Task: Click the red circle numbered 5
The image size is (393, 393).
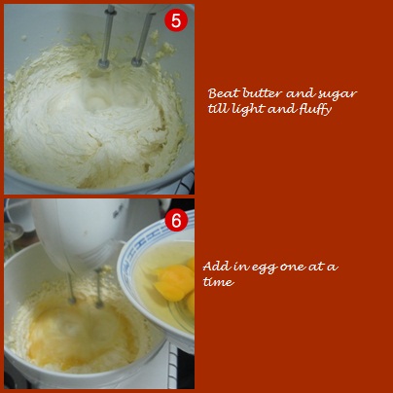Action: point(176,20)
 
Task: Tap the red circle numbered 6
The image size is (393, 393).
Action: point(176,221)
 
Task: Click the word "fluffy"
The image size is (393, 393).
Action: point(315,109)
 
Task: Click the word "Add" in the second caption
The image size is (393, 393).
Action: point(215,267)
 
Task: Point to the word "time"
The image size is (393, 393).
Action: point(218,282)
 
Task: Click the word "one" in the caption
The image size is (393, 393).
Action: point(292,268)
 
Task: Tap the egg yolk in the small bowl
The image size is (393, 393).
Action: point(175,282)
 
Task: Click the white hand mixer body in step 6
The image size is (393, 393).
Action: point(81,231)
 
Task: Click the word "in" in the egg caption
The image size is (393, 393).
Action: point(239,268)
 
